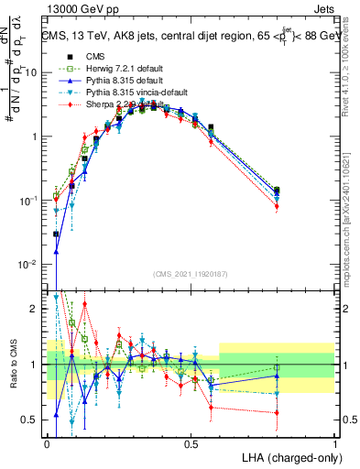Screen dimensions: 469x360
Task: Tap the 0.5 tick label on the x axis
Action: (191, 443)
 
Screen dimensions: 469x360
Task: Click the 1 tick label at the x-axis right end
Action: (335, 443)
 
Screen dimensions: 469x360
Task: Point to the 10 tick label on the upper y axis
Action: (32, 72)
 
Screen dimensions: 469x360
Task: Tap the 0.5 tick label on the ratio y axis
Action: (32, 420)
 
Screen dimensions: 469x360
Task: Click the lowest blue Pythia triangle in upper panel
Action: (56, 252)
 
